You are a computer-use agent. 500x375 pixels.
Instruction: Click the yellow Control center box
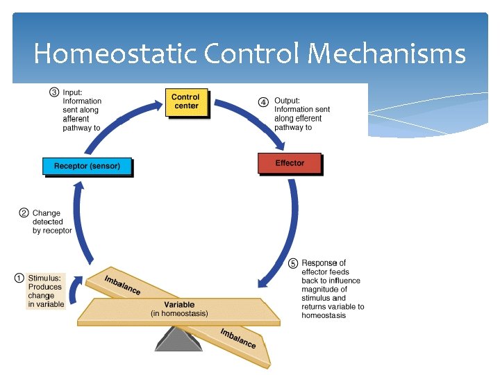186,102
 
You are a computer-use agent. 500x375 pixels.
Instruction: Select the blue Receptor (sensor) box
87,167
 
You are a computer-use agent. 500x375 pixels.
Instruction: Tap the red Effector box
290,163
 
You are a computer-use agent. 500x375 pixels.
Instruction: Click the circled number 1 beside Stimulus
20,278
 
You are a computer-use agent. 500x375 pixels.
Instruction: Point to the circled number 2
23,213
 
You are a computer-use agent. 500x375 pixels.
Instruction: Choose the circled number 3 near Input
53,92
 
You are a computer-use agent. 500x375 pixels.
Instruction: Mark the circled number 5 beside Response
293,264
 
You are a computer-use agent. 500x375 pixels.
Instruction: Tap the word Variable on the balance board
179,305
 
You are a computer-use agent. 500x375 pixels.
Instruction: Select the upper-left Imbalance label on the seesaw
122,285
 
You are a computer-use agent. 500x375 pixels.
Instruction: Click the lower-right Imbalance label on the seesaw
237,338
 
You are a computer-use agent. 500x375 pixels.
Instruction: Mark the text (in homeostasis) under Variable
179,315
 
